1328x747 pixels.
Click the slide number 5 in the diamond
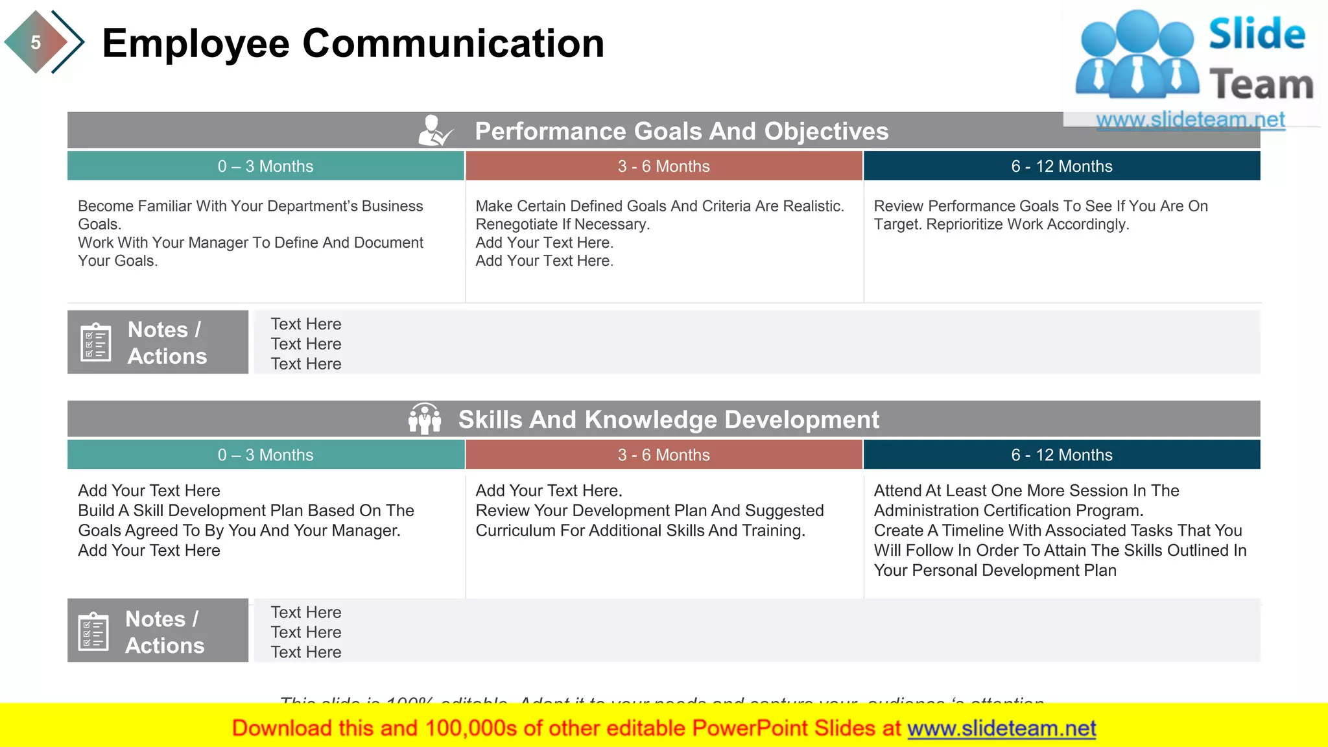tap(36, 43)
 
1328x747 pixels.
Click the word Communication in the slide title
tap(453, 44)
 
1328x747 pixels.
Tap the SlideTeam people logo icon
tap(1137, 54)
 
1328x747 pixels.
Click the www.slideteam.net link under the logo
tap(1190, 119)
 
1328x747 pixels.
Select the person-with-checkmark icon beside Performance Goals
tap(434, 130)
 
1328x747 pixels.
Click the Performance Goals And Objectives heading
tap(681, 131)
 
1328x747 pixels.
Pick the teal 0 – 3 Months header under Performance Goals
tap(265, 166)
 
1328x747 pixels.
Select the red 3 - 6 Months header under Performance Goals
tap(663, 166)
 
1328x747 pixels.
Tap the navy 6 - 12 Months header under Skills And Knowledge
tap(1061, 455)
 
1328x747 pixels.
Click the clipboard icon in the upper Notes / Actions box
tap(95, 342)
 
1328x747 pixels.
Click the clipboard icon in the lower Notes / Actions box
tap(93, 631)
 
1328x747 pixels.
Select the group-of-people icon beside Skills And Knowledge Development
tap(425, 419)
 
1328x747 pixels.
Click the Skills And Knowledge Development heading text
tap(669, 420)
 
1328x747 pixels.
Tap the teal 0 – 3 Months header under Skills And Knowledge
tap(265, 455)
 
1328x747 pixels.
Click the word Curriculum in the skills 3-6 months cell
tap(516, 530)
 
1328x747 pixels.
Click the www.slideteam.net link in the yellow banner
tap(1001, 728)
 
